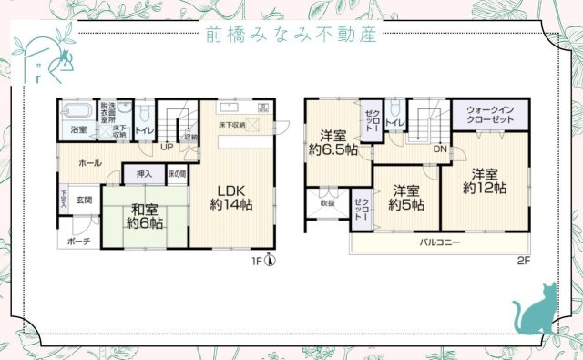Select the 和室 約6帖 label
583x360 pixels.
point(144,215)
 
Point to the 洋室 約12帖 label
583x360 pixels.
point(485,180)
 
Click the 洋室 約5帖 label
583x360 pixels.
point(406,198)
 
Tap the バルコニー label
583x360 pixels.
point(439,243)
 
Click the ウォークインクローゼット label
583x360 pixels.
point(490,115)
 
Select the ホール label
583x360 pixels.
point(90,163)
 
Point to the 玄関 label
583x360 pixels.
point(84,200)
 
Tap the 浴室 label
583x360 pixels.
point(80,130)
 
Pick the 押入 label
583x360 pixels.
point(144,173)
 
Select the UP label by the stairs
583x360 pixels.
point(167,146)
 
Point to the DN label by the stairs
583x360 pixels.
point(439,149)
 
